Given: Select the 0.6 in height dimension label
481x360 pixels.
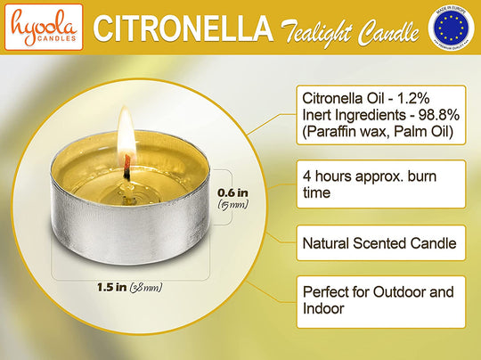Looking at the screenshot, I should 233,190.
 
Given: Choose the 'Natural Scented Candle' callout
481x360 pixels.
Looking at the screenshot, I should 379,241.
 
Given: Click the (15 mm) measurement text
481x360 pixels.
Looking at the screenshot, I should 234,205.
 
